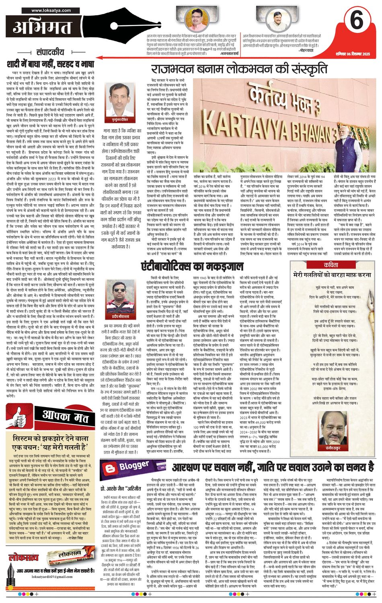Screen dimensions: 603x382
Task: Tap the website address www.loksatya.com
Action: click(48, 9)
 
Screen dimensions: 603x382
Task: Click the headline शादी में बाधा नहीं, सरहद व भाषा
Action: click(50, 64)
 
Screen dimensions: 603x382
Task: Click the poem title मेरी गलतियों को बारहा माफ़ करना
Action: click(332, 275)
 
